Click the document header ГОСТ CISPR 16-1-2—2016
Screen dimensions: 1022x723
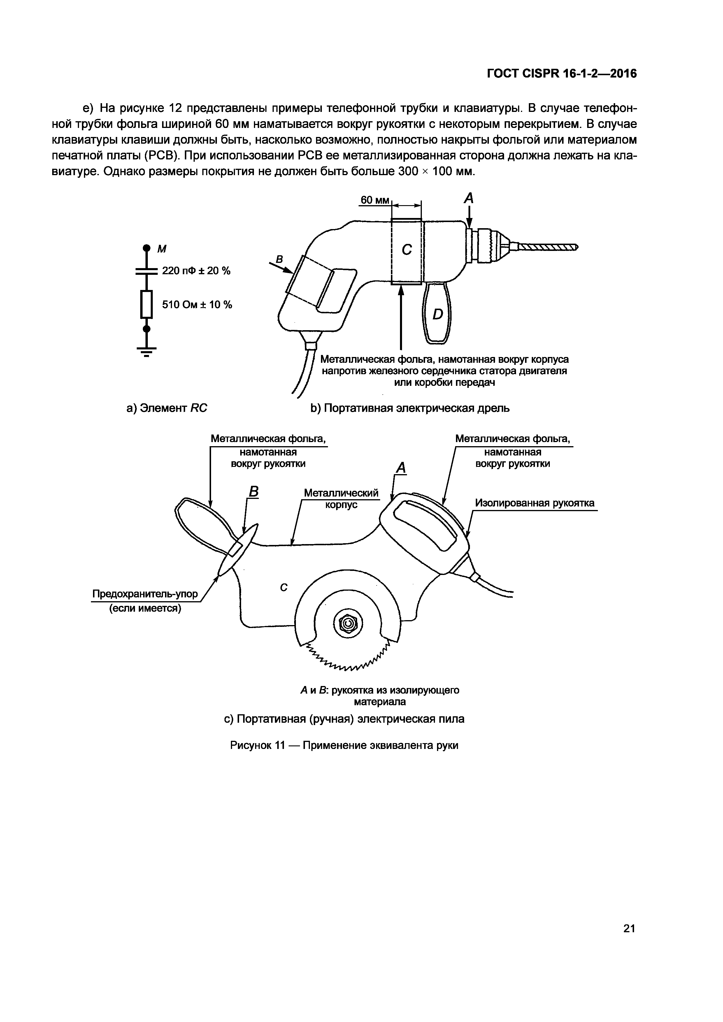click(x=561, y=74)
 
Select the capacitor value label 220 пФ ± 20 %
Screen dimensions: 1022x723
click(x=196, y=271)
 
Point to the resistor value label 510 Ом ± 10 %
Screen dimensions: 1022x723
click(x=197, y=305)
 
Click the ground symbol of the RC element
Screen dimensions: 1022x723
click(x=146, y=350)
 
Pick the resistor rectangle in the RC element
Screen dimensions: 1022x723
click(x=146, y=305)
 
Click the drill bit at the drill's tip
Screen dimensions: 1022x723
click(x=547, y=247)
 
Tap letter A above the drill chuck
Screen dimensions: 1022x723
click(x=468, y=198)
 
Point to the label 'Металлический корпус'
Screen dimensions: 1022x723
click(x=341, y=499)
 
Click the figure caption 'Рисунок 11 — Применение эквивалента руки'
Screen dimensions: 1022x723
click(x=344, y=745)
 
